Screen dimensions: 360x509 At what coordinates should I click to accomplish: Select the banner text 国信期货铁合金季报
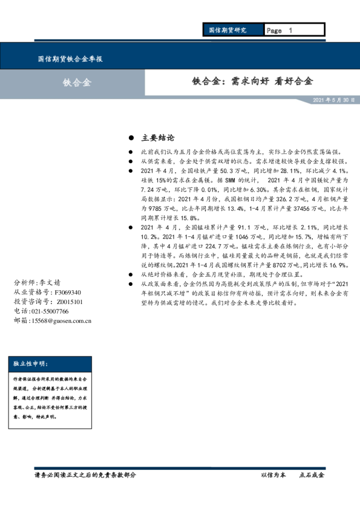tap(70, 59)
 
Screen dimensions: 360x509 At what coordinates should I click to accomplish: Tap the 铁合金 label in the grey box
tap(77, 83)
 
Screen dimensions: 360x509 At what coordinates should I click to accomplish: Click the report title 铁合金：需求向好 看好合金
tap(253, 81)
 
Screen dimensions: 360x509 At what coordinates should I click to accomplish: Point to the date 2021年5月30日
tap(333, 100)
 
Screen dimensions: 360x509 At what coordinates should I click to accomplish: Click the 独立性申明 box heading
tap(30, 363)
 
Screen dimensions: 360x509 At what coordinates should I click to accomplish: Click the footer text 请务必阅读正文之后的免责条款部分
tap(86, 475)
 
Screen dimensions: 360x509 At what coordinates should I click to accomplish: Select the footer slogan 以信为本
tap(273, 475)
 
